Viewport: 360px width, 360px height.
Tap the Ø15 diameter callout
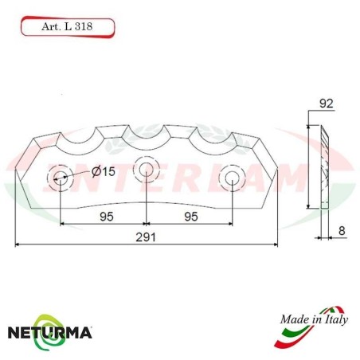[104, 171]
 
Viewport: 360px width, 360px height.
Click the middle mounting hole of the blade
[146, 169]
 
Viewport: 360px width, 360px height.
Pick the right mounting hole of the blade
[232, 177]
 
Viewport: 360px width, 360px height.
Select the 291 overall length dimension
[146, 237]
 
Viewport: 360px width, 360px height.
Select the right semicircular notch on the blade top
[213, 140]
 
